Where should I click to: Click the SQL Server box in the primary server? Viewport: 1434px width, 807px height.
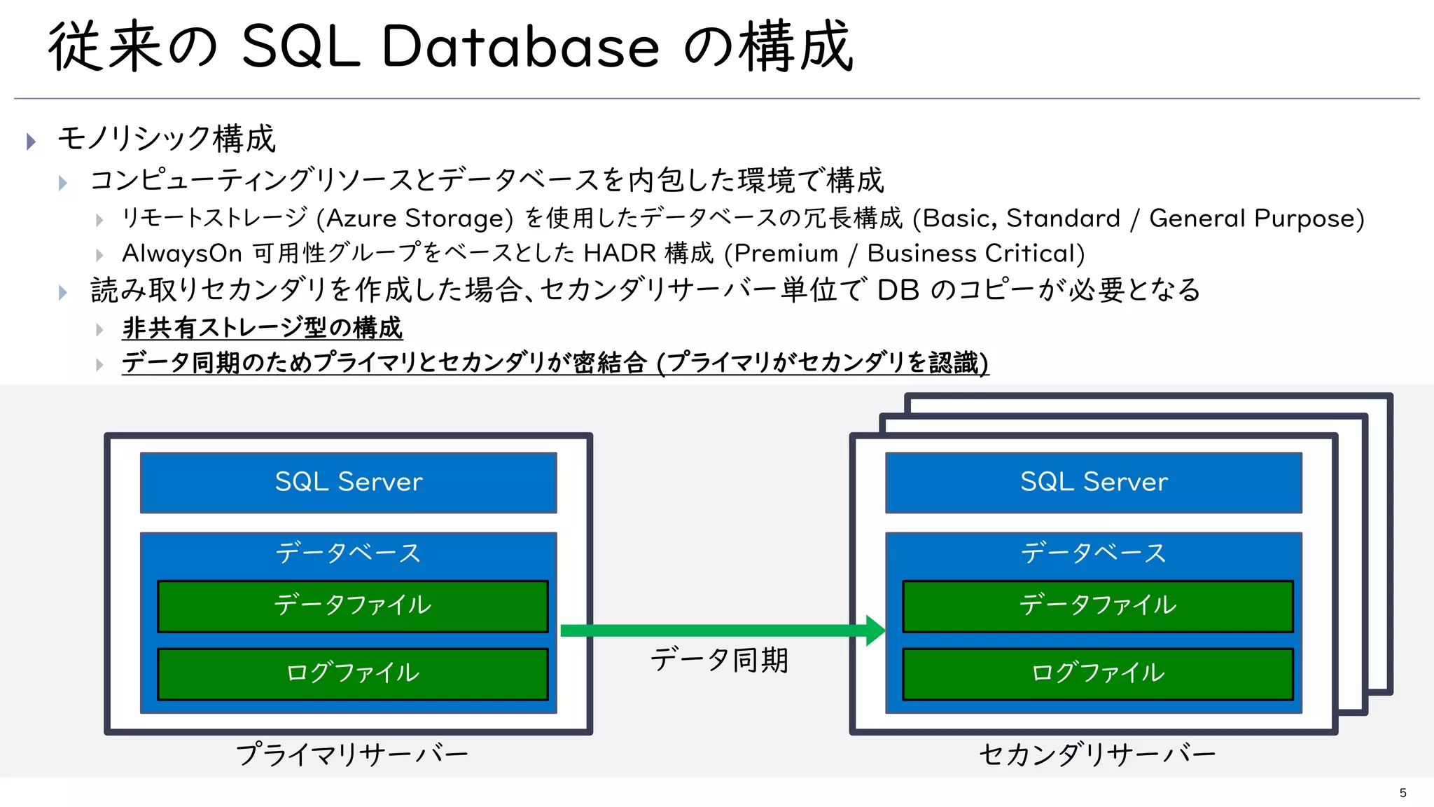coord(348,482)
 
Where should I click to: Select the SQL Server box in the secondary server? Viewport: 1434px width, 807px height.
coord(1093,482)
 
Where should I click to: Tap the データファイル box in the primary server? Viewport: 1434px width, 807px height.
coord(352,605)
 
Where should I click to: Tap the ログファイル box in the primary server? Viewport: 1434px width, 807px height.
coord(352,673)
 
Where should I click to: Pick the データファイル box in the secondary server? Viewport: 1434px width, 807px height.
coord(1097,605)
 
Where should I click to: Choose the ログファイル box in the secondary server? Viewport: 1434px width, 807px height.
coord(1097,673)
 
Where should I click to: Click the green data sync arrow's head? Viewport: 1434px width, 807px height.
coord(875,630)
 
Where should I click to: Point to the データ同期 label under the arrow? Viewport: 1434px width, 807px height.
coord(719,661)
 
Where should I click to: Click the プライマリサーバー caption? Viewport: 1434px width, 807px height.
coord(351,754)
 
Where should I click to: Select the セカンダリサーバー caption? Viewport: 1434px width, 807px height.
coord(1097,754)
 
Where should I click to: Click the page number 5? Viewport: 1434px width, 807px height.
coord(1402,792)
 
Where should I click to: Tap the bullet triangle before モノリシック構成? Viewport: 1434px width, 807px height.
coord(31,142)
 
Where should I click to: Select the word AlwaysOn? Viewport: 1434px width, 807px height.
coord(181,254)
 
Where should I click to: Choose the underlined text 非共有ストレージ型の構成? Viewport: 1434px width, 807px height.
coord(262,327)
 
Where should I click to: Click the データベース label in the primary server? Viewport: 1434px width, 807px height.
coord(348,553)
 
